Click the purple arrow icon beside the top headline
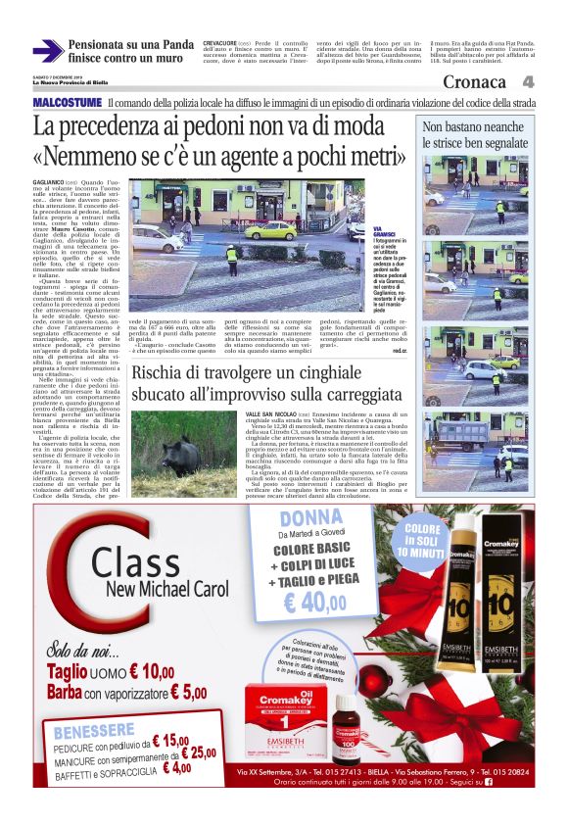pos(47,51)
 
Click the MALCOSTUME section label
pos(67,103)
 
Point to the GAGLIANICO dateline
pos(49,183)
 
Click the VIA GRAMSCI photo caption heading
pos(383,232)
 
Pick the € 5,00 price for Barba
pos(187,692)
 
